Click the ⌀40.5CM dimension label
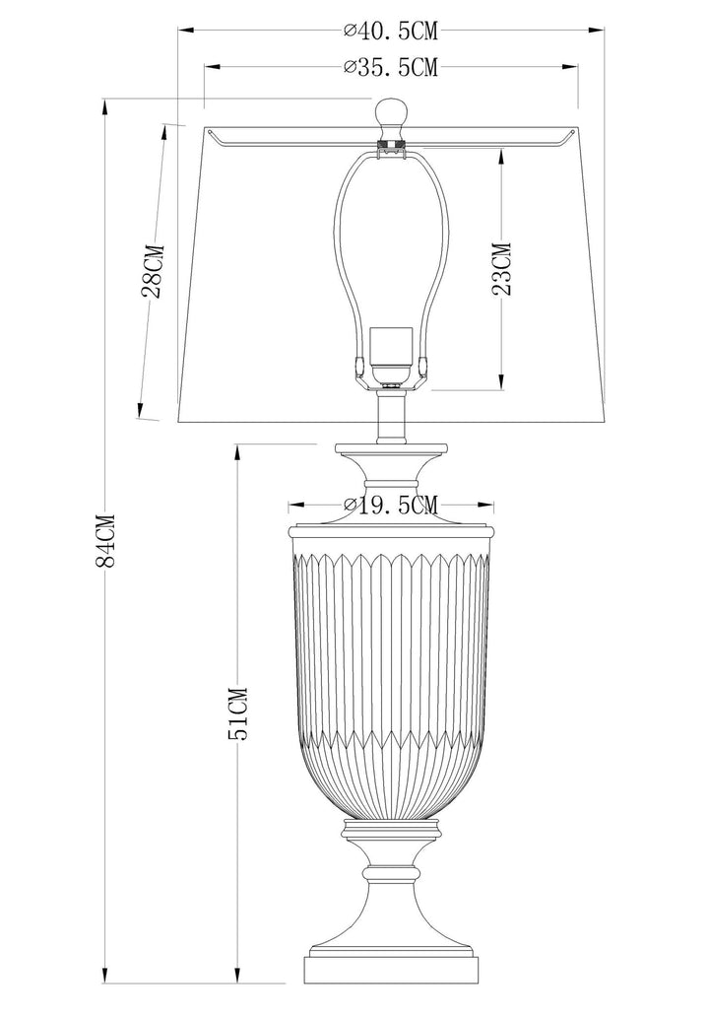[x=391, y=30]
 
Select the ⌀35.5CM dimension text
[x=391, y=67]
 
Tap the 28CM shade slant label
[x=154, y=270]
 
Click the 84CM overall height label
[x=104, y=540]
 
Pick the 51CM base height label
[x=238, y=713]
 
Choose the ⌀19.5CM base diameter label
[x=391, y=505]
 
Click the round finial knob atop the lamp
[x=392, y=114]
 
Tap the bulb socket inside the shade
[x=391, y=356]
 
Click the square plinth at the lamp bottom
[x=391, y=979]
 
